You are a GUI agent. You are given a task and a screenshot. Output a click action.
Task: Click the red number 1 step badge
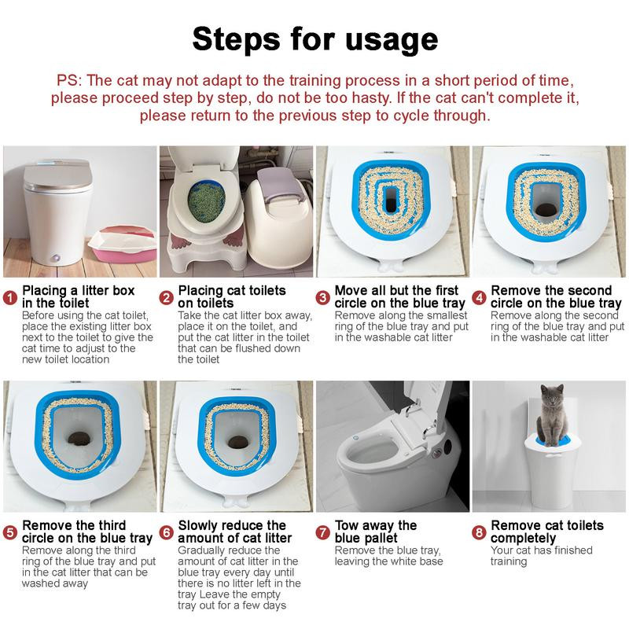[x=10, y=298]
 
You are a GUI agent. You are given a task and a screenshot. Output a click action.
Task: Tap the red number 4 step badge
[x=479, y=298]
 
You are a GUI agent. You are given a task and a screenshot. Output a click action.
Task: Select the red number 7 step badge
[x=323, y=532]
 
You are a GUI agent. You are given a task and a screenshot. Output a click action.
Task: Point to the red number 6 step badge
[x=167, y=532]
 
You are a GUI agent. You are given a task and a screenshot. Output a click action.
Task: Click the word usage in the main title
[x=392, y=39]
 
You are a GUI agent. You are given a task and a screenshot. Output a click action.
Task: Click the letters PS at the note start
[x=69, y=80]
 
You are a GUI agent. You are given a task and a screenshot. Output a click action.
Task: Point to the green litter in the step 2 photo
[x=206, y=203]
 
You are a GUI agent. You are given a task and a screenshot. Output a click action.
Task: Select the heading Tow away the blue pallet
[x=376, y=532]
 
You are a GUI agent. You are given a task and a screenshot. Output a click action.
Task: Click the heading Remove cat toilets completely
[x=546, y=532]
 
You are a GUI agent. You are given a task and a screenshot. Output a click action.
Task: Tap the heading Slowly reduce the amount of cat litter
[x=234, y=532]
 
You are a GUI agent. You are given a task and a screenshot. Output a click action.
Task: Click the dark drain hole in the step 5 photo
[x=79, y=439]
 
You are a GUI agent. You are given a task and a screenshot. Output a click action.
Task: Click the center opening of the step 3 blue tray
[x=391, y=199]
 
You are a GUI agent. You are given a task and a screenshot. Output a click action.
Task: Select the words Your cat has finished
[x=541, y=550]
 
